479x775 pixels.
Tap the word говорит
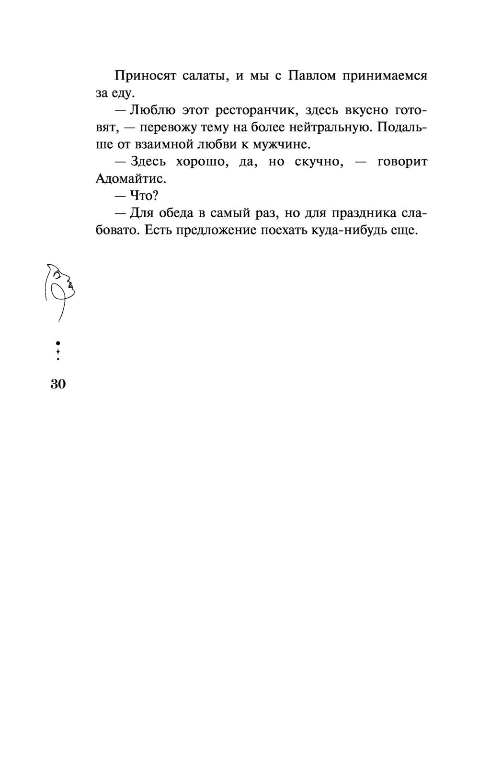[x=402, y=162]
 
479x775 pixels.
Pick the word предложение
[x=218, y=231]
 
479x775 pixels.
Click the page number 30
[x=57, y=384]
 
